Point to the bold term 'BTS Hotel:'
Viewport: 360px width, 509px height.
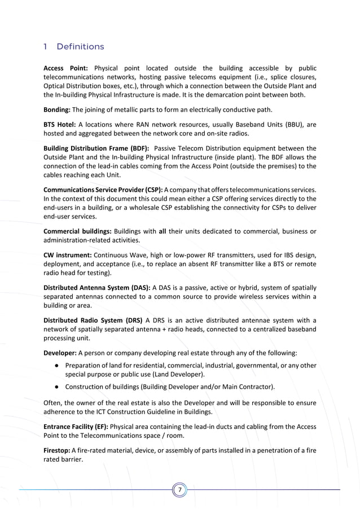point(59,125)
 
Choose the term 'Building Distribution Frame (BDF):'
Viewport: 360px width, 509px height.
point(96,148)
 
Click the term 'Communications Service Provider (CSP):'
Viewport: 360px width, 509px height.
point(103,190)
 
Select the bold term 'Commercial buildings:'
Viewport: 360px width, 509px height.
point(77,231)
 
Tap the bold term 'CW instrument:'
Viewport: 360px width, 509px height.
point(66,255)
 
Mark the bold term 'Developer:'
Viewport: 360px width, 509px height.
point(60,353)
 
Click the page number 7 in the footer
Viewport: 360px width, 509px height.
point(179,490)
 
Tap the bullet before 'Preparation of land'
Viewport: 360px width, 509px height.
point(58,366)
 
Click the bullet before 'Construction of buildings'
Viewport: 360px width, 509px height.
point(58,387)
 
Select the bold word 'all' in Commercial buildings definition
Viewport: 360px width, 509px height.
point(163,231)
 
